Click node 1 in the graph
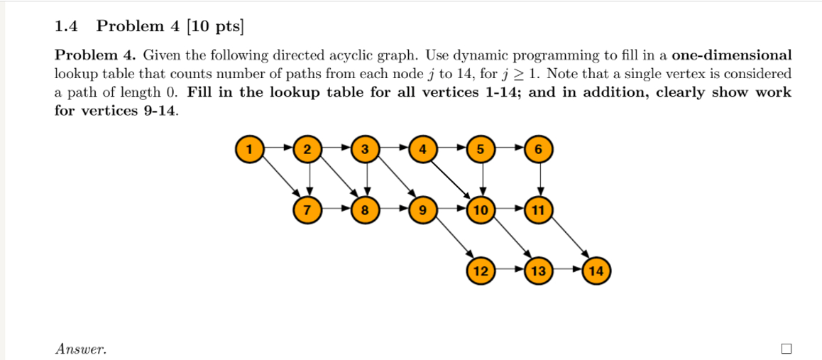pos(248,150)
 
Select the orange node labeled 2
pos(307,150)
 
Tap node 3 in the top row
pos(364,150)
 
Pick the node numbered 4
pos(423,150)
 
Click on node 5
pos(481,150)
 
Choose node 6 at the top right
pos(539,150)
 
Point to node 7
pos(307,210)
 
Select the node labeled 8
pos(364,210)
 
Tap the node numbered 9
pos(423,210)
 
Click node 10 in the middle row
pos(481,210)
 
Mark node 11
pos(539,210)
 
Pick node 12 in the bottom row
pos(481,271)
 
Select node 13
pos(539,271)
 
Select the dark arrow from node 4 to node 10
pos(452,180)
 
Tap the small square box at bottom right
pos(786,348)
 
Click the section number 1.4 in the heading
pos(66,27)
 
